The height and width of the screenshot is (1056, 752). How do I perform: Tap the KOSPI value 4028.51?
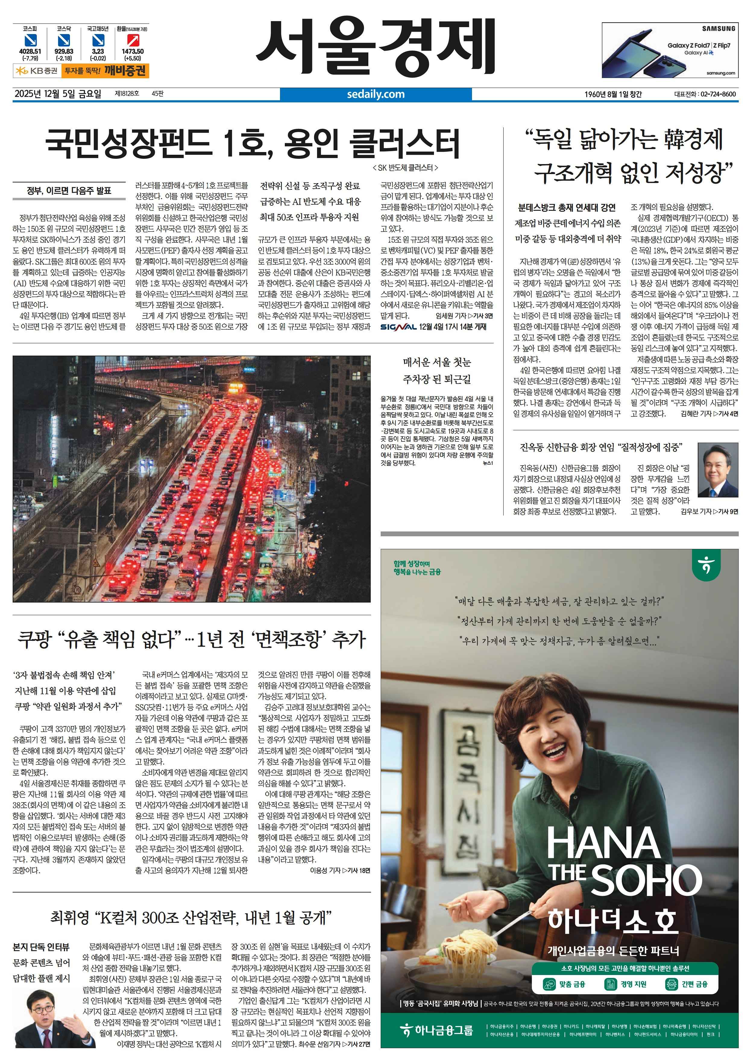tap(30, 52)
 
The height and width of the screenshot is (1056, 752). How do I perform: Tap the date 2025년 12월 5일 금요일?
tap(58, 94)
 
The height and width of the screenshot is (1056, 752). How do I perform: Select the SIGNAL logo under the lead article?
tap(398, 327)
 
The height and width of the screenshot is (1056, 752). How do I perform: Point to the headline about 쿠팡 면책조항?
tap(191, 640)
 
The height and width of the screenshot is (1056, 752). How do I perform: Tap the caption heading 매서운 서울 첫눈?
tap(437, 362)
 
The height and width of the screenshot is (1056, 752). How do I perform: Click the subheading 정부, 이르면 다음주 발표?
tap(69, 191)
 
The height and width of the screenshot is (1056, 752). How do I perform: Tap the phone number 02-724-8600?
tap(718, 94)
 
